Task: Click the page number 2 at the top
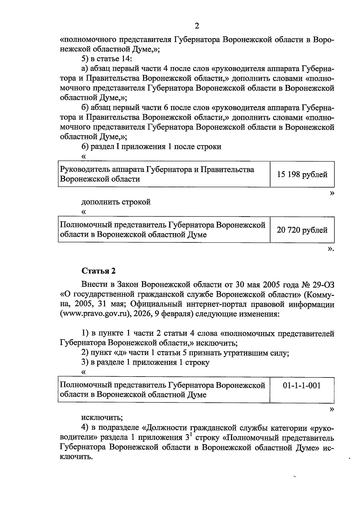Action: point(197,26)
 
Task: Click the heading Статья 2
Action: point(98,271)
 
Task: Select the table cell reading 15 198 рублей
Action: point(302,175)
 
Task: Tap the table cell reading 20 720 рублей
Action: point(302,230)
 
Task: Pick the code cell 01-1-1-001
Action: point(302,385)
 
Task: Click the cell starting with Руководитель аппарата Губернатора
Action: point(157,174)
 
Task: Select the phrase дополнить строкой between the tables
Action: point(116,202)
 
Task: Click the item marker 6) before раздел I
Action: point(85,147)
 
